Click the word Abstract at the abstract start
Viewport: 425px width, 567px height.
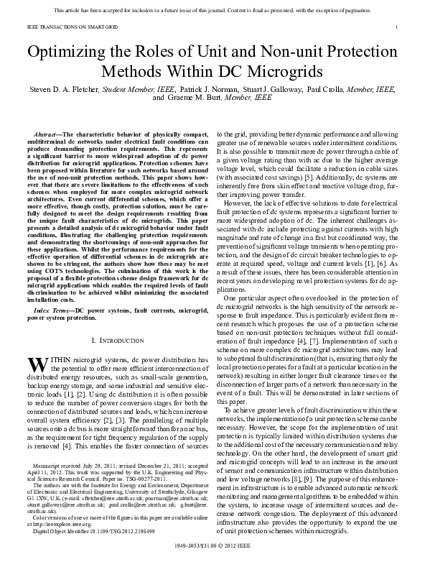[47, 135]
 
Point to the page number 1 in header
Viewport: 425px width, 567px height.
[396, 27]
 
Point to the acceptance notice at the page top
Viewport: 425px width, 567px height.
[212, 9]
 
